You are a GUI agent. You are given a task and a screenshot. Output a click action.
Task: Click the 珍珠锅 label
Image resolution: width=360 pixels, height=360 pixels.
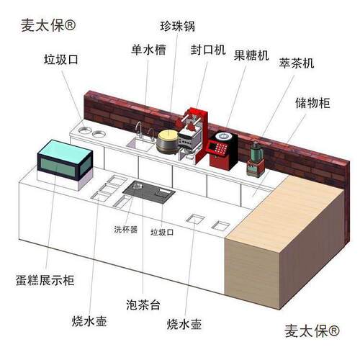point(178,26)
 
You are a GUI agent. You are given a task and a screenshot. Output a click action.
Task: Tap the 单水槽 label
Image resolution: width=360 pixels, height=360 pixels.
point(148,50)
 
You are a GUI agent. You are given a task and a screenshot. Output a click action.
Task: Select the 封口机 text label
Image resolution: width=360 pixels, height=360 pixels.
point(208,50)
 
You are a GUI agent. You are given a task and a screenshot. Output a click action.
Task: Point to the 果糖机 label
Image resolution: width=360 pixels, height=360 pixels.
point(251,55)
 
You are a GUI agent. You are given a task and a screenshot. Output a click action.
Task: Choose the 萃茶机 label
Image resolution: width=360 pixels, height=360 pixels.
point(297,63)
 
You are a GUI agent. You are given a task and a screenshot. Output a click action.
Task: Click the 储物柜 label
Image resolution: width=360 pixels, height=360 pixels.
point(312,103)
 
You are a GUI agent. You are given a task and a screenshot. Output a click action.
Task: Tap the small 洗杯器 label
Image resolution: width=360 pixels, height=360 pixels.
point(126,230)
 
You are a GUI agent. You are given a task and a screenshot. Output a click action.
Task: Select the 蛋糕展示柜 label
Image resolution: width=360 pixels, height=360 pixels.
point(45,280)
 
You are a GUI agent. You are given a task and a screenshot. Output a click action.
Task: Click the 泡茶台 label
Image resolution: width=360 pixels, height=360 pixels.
point(143,305)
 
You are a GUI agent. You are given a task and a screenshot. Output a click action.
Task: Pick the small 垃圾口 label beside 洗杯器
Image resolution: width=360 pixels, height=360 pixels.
point(162,232)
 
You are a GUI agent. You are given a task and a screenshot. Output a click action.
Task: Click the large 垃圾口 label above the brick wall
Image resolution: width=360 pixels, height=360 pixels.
point(61,59)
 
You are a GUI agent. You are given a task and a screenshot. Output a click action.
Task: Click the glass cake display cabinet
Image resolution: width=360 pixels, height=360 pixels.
point(65,160)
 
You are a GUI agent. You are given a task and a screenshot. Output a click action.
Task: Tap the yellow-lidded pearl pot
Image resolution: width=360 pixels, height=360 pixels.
point(168,142)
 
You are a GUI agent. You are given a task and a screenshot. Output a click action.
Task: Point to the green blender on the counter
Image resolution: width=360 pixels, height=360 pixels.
point(256,160)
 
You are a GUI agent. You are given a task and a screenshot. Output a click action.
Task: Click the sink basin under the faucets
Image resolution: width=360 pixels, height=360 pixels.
point(140,144)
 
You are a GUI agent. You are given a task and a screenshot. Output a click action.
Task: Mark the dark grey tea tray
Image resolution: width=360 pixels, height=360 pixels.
point(149,192)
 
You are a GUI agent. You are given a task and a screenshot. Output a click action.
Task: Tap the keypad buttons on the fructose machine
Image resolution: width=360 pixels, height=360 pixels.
point(218,148)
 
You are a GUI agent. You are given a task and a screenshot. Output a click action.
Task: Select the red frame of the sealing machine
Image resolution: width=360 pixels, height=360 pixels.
point(202,135)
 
